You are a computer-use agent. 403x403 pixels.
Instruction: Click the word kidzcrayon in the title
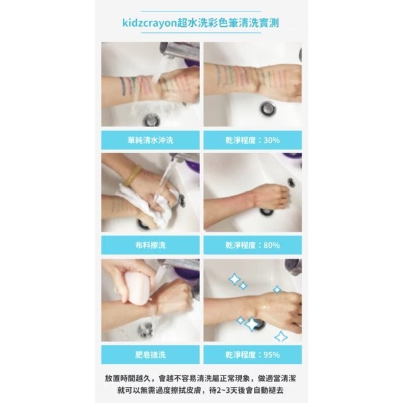coord(149,23)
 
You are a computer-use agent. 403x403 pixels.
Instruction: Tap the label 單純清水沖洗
coord(150,140)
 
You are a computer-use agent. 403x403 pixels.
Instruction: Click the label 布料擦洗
coord(150,245)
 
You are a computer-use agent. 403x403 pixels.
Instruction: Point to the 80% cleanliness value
coord(271,245)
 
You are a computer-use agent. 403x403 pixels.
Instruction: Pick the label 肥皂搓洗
coord(150,355)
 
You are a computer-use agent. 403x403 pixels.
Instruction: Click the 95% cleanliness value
coord(271,355)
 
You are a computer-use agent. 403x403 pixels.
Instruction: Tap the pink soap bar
coord(137,287)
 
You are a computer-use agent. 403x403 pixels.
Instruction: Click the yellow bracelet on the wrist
coord(132,175)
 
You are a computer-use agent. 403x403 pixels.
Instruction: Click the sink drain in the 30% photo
coord(268,109)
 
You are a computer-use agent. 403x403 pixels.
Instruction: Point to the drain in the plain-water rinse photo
coord(152,119)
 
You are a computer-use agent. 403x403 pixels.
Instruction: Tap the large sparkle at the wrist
coord(252,324)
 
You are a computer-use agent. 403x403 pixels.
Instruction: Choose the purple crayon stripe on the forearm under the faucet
coord(123,85)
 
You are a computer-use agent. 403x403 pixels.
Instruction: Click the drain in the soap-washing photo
coord(146,330)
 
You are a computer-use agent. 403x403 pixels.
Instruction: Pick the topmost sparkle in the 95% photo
coord(234,279)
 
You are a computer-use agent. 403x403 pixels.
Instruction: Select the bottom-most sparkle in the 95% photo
coord(281,337)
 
